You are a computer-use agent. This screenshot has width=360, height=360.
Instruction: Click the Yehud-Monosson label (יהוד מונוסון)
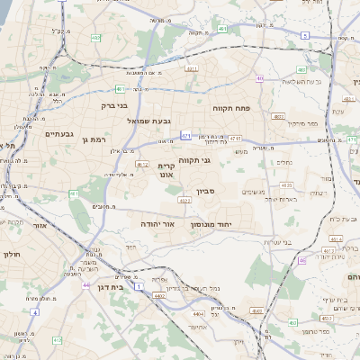click(x=212, y=221)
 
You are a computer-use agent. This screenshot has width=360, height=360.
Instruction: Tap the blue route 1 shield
click(x=139, y=286)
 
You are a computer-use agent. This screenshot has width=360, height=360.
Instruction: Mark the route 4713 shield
click(x=235, y=139)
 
